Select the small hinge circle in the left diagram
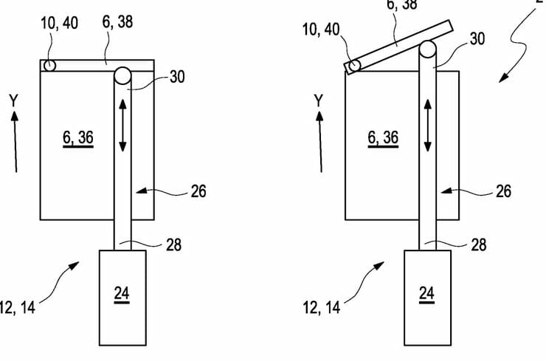coord(48,66)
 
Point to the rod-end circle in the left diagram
coord(122,75)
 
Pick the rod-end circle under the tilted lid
coord(428,51)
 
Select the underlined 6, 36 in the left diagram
coord(77,137)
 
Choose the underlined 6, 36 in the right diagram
coord(383,137)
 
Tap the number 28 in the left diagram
coord(173,244)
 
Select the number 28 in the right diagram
coord(478,244)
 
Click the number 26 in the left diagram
coord(198,191)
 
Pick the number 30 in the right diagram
coord(477,39)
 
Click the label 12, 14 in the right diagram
coord(321,306)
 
